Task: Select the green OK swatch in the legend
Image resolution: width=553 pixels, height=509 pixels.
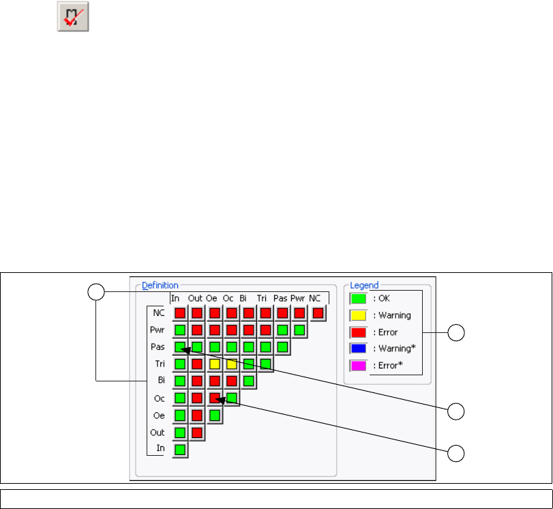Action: (358, 298)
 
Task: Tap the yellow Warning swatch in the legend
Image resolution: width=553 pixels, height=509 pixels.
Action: (358, 315)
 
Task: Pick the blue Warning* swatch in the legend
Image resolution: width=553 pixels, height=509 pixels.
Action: (358, 349)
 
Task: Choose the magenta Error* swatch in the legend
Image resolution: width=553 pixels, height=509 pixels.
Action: (358, 366)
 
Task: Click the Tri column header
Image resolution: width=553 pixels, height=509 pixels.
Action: (262, 297)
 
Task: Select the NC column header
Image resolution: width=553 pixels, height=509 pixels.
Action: (315, 297)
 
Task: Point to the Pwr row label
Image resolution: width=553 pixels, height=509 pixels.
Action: (158, 330)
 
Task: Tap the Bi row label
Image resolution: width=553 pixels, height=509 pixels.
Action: (162, 381)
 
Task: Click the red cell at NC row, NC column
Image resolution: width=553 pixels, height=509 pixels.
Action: (317, 312)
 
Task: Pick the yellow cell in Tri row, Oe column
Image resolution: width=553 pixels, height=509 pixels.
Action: (215, 364)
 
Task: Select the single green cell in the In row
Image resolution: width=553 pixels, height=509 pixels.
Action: (179, 449)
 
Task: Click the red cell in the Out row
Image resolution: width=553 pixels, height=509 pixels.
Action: (197, 432)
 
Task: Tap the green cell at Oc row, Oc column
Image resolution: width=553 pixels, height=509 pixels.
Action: (232, 397)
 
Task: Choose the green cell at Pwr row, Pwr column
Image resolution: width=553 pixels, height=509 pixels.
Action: (299, 330)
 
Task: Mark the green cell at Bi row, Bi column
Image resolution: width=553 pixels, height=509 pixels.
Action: (249, 380)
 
